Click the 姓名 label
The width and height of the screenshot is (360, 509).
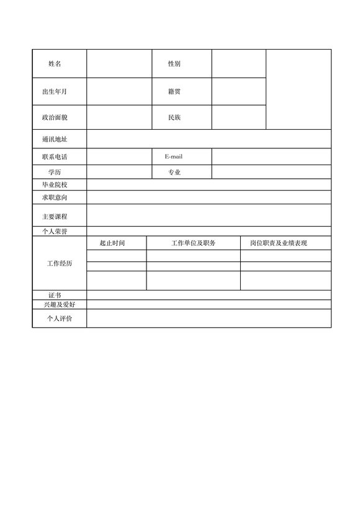(55, 64)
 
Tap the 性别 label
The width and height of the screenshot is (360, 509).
(174, 64)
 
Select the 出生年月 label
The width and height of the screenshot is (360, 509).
(55, 92)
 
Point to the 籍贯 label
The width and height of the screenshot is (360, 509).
(174, 92)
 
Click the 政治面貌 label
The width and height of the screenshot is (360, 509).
(55, 117)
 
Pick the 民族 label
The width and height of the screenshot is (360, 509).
(174, 117)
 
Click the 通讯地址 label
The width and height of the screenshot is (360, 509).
(55, 139)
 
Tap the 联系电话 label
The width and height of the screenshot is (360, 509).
(55, 157)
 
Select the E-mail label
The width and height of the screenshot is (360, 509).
(174, 157)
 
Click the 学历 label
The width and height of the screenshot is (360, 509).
(55, 172)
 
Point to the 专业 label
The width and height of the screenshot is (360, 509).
(174, 172)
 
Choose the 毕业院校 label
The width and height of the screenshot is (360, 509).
(55, 185)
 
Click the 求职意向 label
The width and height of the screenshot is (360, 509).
(55, 197)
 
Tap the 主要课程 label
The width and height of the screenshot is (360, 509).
(55, 216)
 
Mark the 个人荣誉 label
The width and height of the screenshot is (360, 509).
(55, 232)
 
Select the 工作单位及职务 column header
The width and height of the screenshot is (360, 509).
(193, 243)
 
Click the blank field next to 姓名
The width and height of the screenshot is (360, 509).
(119, 64)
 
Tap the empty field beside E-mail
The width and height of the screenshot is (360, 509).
(271, 157)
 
